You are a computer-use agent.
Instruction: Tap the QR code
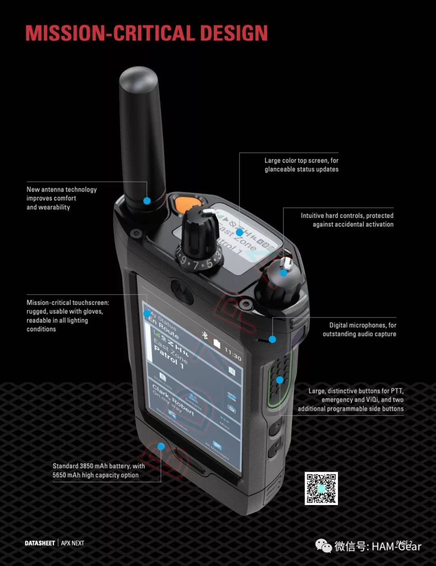[x=321, y=488]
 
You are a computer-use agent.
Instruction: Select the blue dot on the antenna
[x=147, y=201]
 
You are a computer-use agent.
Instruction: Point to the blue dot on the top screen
[x=239, y=233]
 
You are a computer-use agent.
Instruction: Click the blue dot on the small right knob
[x=284, y=273]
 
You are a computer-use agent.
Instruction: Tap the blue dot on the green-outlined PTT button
[x=279, y=380]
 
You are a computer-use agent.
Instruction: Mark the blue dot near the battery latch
[x=161, y=447]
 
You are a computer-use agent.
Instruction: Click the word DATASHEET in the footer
[x=40, y=543]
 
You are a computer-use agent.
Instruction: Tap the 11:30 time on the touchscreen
[x=233, y=354]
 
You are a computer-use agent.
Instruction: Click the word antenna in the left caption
[x=53, y=189]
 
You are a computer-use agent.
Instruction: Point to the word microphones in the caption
[x=365, y=325]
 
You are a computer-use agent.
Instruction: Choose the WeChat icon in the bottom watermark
[x=324, y=546]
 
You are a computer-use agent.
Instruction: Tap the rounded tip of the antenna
[x=138, y=77]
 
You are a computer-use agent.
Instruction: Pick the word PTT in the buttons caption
[x=396, y=391]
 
